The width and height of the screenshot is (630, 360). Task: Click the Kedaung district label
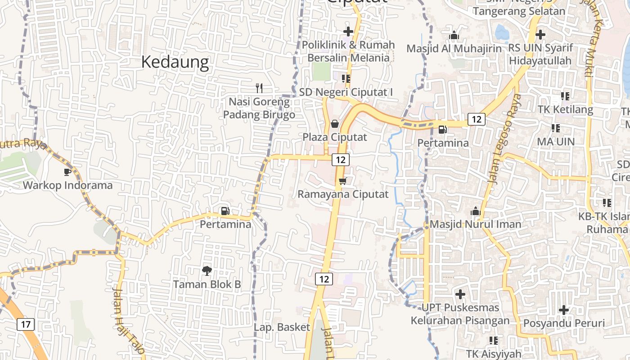175,63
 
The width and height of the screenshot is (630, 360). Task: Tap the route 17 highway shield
26,324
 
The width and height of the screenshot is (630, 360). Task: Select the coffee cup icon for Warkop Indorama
67,172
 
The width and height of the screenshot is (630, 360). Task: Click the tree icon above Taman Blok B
207,270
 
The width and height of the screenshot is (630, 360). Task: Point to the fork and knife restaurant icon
259,88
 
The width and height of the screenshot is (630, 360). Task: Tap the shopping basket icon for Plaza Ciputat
335,123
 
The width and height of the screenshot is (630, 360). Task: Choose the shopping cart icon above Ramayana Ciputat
343,181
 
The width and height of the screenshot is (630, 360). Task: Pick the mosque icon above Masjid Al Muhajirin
454,35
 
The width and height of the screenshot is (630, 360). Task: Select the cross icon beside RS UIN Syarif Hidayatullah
540,34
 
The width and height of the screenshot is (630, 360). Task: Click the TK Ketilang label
565,109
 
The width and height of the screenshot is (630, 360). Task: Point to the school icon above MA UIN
556,128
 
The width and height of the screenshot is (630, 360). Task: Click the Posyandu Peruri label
563,323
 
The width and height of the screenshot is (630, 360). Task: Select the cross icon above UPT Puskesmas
460,294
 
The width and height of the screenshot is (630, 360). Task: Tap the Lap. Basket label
282,327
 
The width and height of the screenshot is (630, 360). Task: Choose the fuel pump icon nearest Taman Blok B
225,211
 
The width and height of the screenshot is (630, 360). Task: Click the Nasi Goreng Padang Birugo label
259,108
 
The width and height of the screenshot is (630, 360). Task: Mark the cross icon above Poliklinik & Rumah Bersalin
348,31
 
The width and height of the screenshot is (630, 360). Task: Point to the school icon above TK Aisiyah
493,341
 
